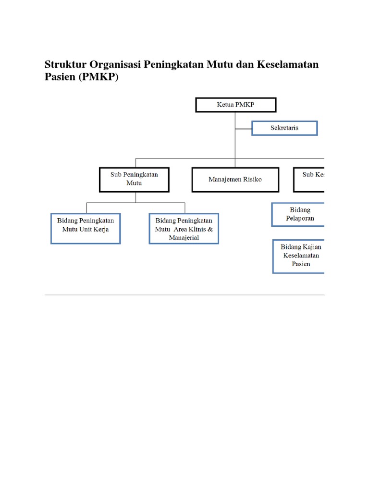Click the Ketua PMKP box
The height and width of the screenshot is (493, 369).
tap(235, 105)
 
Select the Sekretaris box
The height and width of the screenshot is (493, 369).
tap(284, 128)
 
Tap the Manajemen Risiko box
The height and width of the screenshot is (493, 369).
tap(235, 180)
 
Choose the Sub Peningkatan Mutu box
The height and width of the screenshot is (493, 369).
tap(134, 179)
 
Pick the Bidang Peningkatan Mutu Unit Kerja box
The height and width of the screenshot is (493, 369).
tap(86, 228)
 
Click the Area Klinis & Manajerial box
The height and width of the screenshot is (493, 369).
tap(184, 229)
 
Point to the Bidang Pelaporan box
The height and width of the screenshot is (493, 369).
tap(298, 214)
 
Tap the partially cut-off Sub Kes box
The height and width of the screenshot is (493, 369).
tap(309, 179)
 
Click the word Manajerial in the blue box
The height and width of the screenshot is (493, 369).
tap(184, 237)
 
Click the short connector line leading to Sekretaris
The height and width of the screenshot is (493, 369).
tap(243, 129)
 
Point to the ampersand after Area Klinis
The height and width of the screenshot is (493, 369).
tap(210, 229)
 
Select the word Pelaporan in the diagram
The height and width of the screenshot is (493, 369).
tap(300, 218)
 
